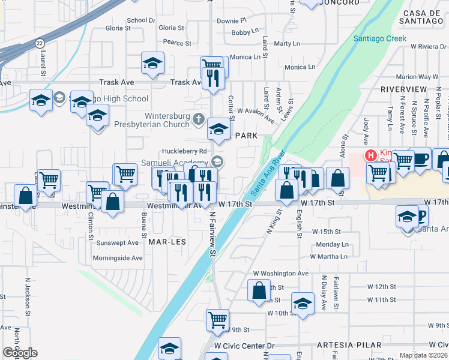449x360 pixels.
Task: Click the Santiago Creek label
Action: (379, 38)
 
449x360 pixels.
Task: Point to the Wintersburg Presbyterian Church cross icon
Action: (199, 118)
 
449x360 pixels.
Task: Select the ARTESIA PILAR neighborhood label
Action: (348, 345)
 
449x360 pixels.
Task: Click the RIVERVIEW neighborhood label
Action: (403, 89)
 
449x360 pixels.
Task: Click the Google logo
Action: (20, 353)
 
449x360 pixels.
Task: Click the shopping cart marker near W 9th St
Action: (217, 320)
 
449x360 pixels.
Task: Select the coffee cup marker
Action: (420, 158)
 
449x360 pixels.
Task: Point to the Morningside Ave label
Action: (118, 258)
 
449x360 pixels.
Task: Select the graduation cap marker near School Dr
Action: (152, 62)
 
